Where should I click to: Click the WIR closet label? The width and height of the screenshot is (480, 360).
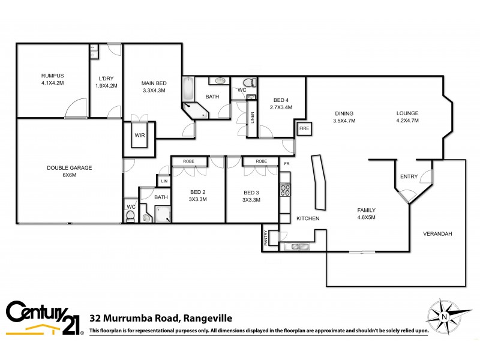(x=140, y=136)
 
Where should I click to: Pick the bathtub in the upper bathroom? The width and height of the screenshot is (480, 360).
(x=188, y=91)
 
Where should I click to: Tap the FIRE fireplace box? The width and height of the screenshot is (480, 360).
(x=304, y=128)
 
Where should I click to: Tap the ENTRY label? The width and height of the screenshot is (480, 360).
(x=409, y=176)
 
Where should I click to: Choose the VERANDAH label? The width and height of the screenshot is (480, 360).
(x=437, y=234)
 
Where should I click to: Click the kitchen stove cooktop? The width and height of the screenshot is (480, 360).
(x=285, y=190)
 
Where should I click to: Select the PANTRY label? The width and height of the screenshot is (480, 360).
(x=265, y=238)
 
